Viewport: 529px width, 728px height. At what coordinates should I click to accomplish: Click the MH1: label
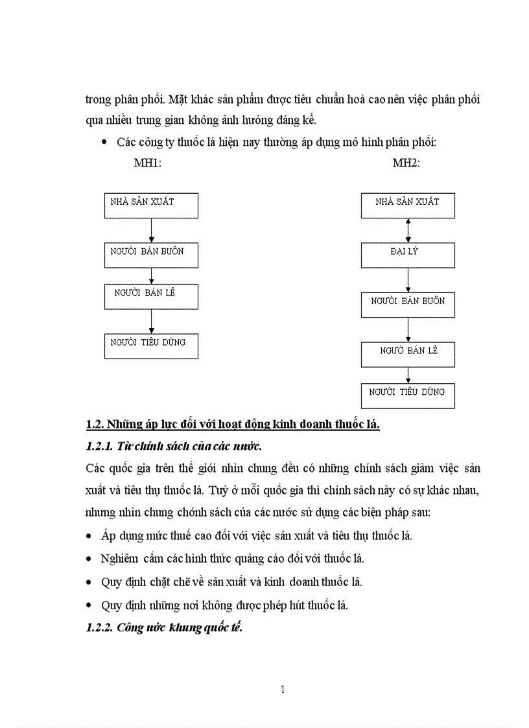click(147, 163)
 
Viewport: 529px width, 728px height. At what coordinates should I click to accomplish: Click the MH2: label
click(406, 163)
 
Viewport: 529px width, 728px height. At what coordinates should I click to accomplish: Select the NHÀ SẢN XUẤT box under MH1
click(151, 205)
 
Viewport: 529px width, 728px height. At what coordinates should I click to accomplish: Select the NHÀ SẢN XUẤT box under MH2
click(408, 205)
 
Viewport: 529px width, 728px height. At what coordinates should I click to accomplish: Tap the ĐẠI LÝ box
click(408, 255)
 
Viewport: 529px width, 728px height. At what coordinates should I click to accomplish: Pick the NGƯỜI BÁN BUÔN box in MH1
click(151, 255)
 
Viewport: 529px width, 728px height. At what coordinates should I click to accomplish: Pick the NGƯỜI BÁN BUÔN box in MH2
click(408, 305)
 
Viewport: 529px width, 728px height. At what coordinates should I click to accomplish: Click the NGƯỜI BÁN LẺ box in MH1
click(151, 296)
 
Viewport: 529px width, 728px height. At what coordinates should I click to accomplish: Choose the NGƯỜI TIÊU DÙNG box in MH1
click(151, 346)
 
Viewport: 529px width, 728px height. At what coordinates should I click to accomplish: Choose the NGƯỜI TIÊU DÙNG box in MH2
click(408, 395)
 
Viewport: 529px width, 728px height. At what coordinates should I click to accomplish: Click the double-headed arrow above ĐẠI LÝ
click(408, 230)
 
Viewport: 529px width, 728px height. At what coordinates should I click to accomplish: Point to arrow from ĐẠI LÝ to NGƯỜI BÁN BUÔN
click(408, 280)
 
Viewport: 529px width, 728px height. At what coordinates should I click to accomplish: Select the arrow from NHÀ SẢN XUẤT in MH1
click(151, 230)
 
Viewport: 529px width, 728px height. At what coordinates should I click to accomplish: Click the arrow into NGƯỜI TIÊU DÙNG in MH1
click(151, 322)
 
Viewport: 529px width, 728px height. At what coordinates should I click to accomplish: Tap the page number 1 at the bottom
click(283, 689)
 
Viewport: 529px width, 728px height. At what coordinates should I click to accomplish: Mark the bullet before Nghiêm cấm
click(89, 559)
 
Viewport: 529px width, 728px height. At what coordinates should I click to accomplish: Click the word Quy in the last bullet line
click(112, 605)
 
